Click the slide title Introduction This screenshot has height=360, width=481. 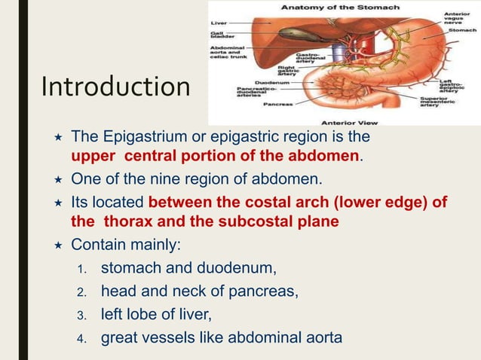click(116, 87)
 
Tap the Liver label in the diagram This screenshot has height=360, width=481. click(219, 23)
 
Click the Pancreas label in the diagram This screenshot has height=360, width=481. click(277, 105)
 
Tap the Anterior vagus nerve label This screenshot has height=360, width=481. click(457, 19)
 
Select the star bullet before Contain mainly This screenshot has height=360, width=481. click(57, 245)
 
